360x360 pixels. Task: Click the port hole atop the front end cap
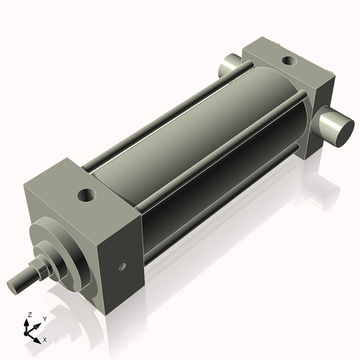[88, 194]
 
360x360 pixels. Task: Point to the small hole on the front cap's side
[122, 268]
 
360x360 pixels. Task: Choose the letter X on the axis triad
[45, 338]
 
